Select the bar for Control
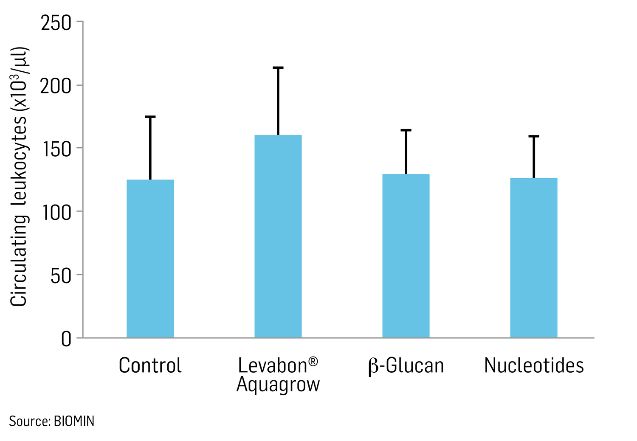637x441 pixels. click(150, 258)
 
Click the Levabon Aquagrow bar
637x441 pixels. click(278, 236)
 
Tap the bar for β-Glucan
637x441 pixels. click(406, 256)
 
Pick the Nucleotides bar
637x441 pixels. click(533, 258)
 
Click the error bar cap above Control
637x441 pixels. click(150, 117)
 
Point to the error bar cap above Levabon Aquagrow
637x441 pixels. click(278, 67)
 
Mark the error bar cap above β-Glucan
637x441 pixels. click(406, 130)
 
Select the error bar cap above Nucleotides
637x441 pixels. click(533, 136)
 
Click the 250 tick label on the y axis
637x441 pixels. click(56, 23)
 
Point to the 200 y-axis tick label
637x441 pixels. click(56, 86)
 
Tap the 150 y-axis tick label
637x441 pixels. click(56, 149)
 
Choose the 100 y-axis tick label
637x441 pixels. click(56, 213)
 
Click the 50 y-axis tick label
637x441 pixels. click(61, 276)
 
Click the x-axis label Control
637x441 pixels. click(150, 365)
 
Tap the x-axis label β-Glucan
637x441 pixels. click(406, 366)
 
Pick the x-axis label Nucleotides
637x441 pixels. click(534, 365)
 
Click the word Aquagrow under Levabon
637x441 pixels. click(278, 385)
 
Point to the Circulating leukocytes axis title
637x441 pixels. click(19, 177)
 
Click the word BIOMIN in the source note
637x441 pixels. click(74, 421)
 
